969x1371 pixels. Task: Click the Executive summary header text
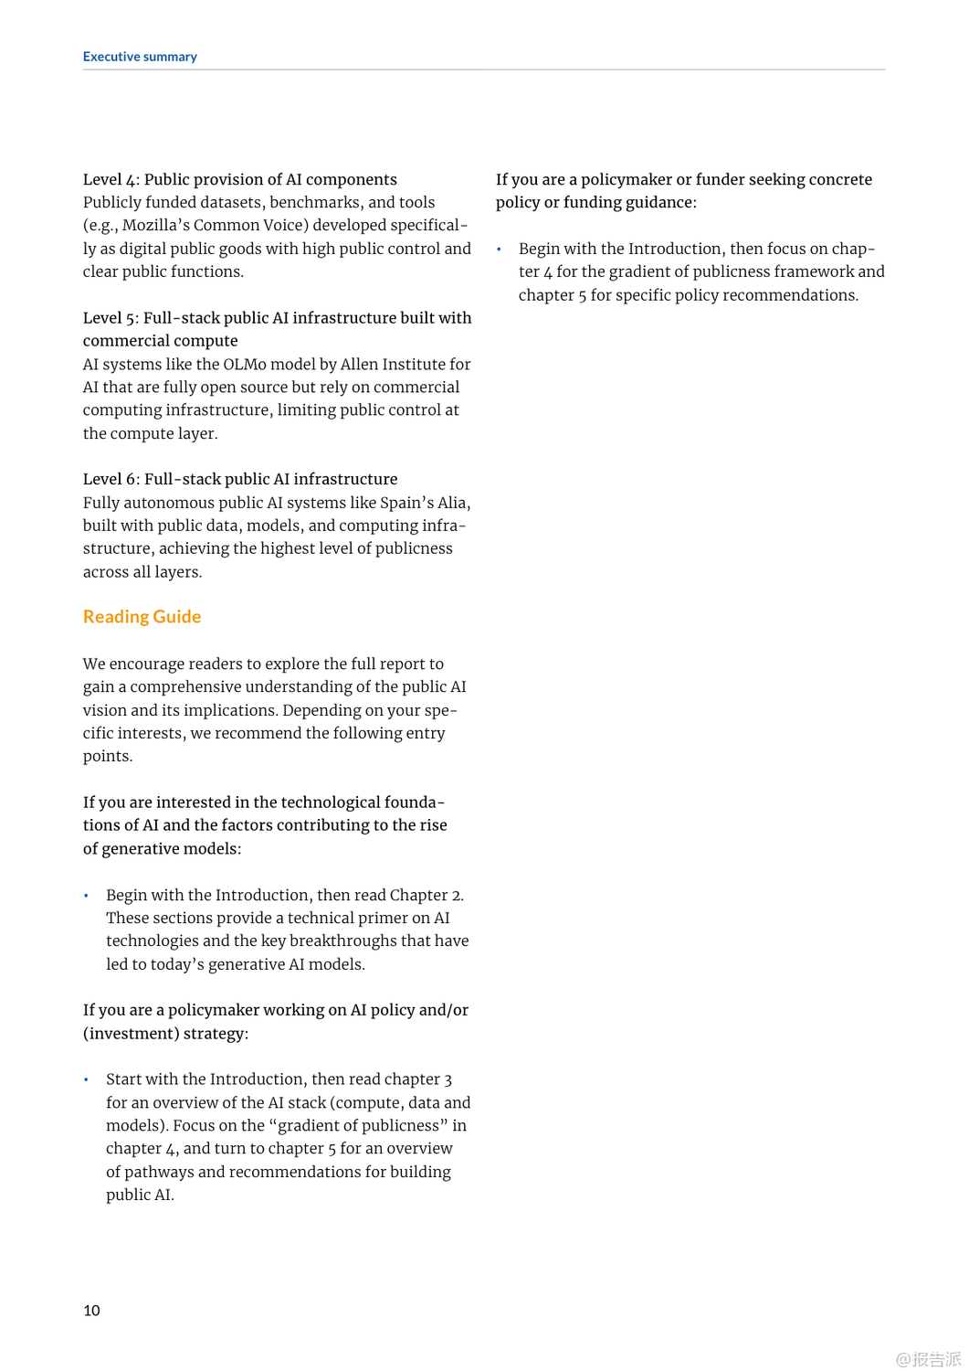(140, 57)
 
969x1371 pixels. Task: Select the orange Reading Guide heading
(142, 617)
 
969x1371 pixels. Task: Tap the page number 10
(91, 1311)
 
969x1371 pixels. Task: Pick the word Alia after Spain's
(452, 503)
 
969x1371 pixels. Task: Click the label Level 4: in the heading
(111, 180)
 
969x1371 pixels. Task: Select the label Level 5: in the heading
(111, 318)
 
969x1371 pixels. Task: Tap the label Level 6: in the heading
(111, 480)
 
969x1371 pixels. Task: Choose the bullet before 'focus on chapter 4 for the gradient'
(500, 250)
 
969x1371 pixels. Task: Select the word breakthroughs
(344, 941)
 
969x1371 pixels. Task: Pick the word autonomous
(169, 503)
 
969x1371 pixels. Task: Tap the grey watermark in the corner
(928, 1359)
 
